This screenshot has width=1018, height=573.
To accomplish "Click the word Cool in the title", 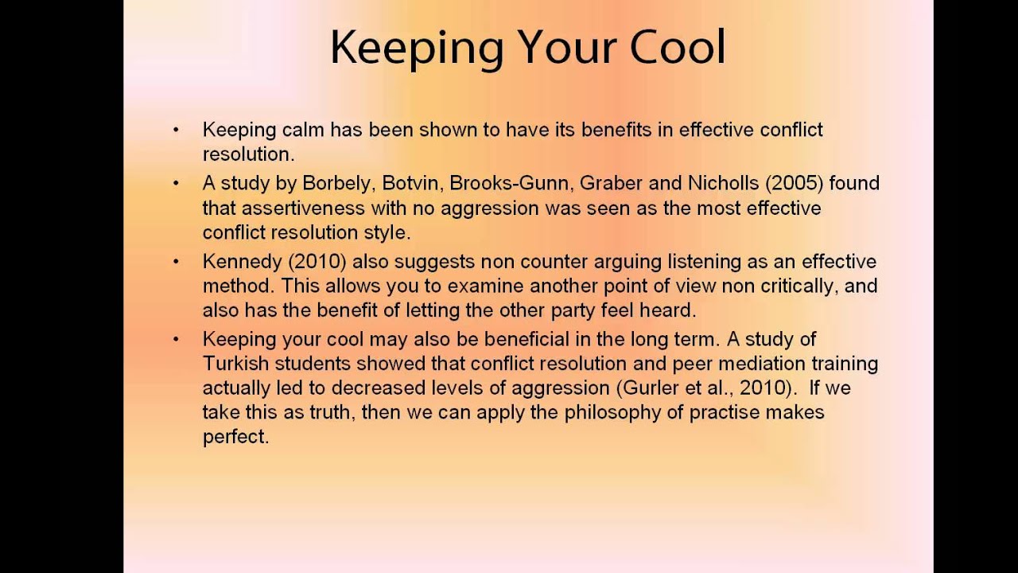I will pyautogui.click(x=678, y=48).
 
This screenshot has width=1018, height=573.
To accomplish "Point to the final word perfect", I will pyautogui.click(x=236, y=437).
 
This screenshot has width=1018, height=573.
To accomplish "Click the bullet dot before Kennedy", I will pyautogui.click(x=176, y=262).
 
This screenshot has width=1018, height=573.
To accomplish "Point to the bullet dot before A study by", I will pyautogui.click(x=176, y=184).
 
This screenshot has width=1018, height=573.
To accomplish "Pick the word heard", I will pyautogui.click(x=669, y=310).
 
